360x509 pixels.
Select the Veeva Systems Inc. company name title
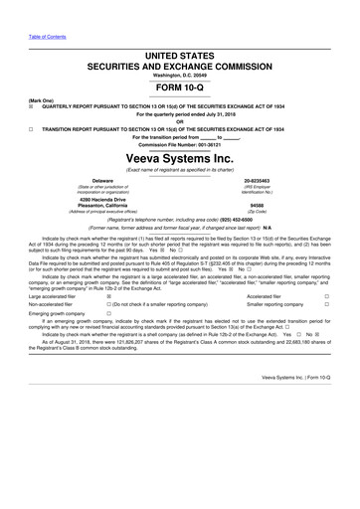(x=180, y=159)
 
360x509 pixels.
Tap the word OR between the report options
(x=180, y=121)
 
